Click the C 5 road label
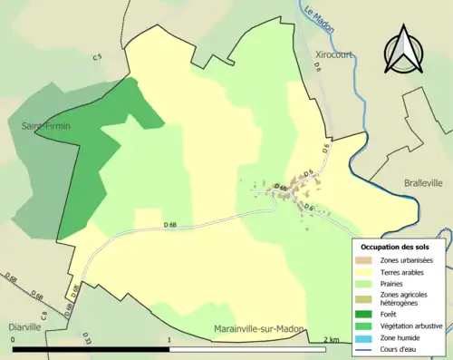coord(98,58)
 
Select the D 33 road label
coord(88,340)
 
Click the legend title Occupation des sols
coord(397,247)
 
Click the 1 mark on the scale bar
coord(170,339)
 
